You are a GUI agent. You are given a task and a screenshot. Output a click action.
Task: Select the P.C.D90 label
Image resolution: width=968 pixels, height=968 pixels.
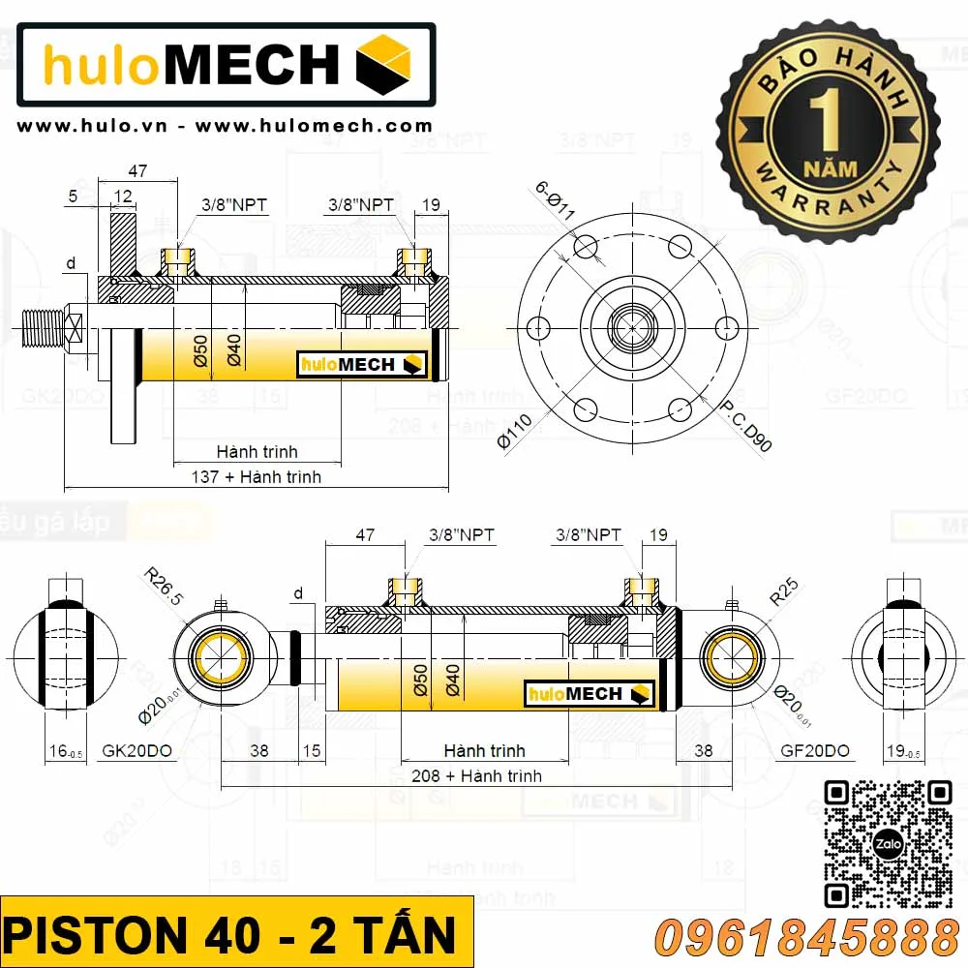[x=749, y=426]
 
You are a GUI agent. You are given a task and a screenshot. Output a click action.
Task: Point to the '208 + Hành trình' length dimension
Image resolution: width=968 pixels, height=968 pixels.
[x=476, y=775]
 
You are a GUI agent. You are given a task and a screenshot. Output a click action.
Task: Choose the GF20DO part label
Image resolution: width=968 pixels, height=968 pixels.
[x=814, y=751]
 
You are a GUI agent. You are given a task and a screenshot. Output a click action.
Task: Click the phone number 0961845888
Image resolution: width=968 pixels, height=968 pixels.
[x=806, y=938]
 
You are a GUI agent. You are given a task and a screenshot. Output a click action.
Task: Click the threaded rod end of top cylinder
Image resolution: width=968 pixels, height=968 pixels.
[x=44, y=328]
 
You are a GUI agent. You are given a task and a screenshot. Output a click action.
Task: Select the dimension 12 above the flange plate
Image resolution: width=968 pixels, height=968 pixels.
[x=123, y=197]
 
